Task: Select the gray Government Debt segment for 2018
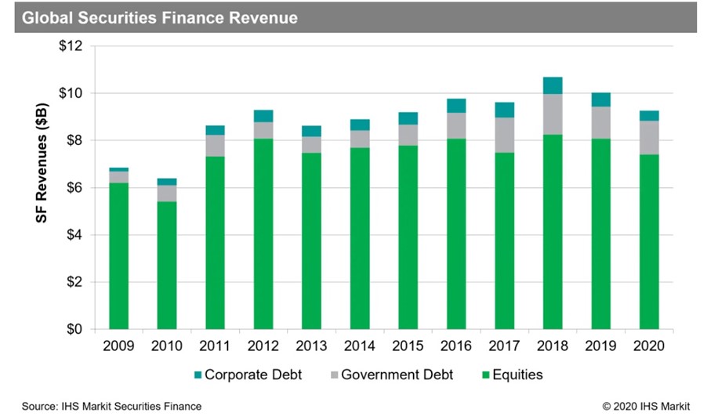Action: (553, 114)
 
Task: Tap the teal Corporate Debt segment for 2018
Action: (553, 85)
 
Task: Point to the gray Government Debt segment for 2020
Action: (649, 137)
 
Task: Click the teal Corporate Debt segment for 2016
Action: (456, 106)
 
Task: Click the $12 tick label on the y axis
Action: (71, 46)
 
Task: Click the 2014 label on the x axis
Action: (360, 346)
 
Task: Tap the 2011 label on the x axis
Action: (215, 346)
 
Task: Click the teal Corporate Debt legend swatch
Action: (196, 375)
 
